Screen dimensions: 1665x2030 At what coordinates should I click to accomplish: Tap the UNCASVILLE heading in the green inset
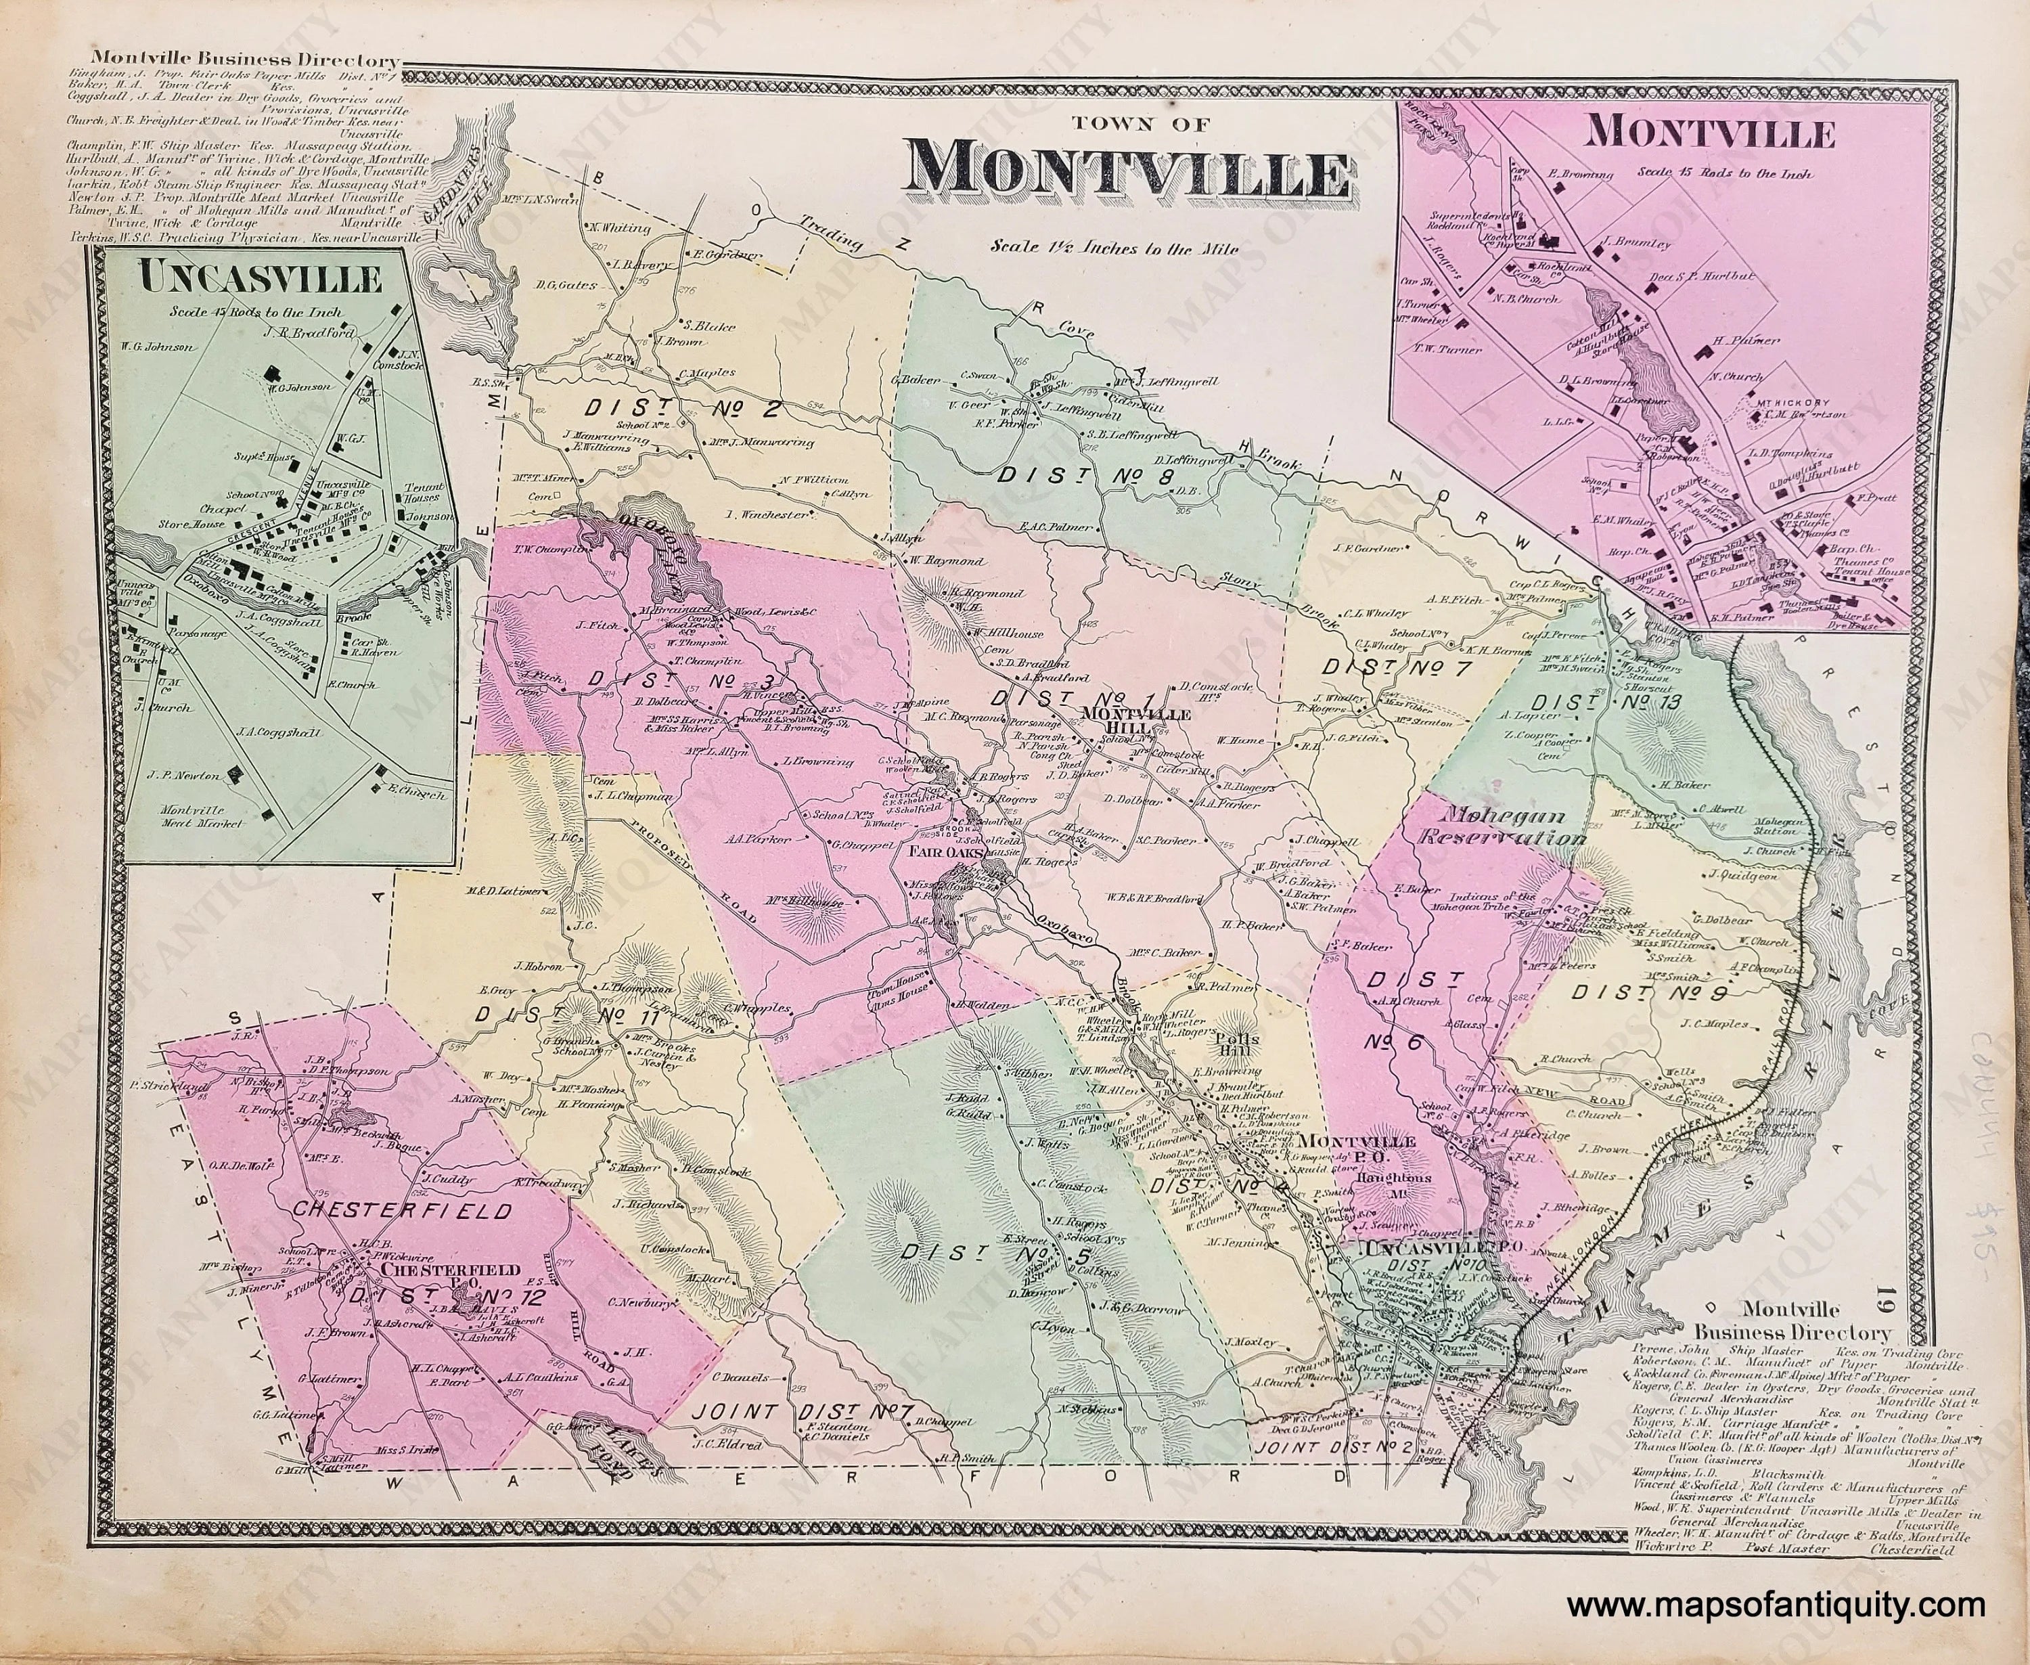(x=261, y=278)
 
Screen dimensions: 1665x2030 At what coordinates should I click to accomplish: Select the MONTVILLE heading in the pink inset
(x=1710, y=133)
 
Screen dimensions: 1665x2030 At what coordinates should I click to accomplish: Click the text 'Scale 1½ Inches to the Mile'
(x=1115, y=248)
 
